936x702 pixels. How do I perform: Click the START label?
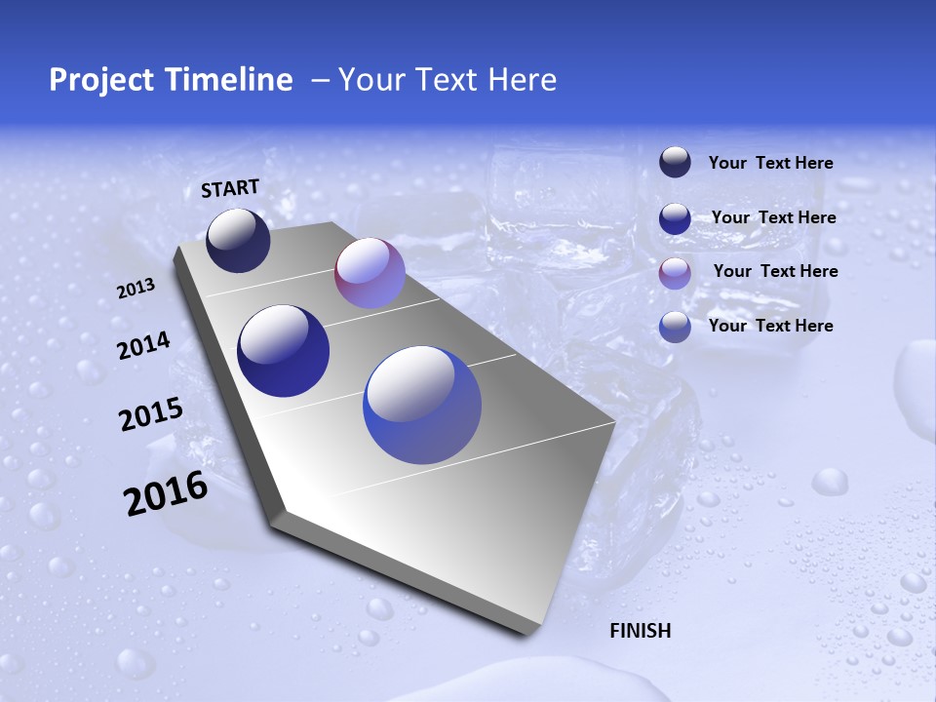230,188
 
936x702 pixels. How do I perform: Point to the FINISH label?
640,631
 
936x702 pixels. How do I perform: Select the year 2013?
136,289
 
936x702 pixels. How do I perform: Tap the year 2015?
150,414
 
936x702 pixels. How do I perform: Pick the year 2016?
165,493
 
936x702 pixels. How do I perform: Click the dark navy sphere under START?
238,241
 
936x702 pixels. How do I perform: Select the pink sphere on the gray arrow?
370,273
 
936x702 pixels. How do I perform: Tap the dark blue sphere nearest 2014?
283,351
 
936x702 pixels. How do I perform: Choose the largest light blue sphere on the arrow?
422,405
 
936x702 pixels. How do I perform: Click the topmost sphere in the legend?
675,163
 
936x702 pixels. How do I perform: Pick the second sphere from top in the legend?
675,218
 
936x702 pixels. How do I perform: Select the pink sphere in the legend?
675,272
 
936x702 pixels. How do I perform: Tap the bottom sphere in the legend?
675,327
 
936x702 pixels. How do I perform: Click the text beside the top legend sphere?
770,164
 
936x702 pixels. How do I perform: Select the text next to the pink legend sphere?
775,271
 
